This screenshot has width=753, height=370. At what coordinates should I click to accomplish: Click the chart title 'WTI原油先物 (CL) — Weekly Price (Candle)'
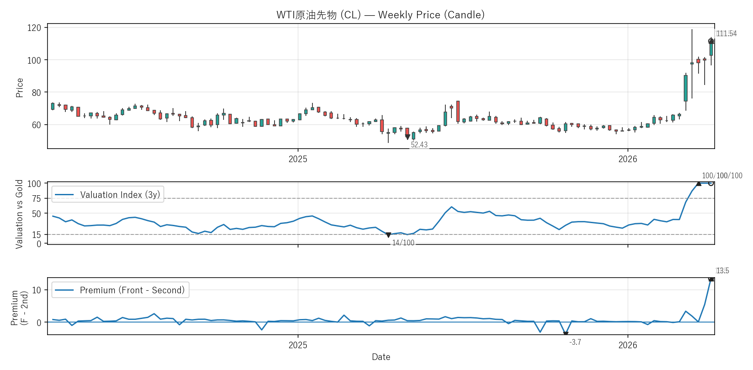pyautogui.click(x=380, y=15)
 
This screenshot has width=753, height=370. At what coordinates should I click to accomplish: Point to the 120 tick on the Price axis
pyautogui.click(x=34, y=28)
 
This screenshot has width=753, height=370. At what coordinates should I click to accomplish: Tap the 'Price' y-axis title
pyautogui.click(x=20, y=88)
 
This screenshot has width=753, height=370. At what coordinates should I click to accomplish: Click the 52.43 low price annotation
pyautogui.click(x=419, y=145)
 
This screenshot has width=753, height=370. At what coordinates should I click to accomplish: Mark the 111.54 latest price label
pyautogui.click(x=726, y=34)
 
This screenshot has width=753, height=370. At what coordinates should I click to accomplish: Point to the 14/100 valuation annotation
pyautogui.click(x=403, y=243)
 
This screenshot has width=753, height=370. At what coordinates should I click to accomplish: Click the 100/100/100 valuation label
pyautogui.click(x=722, y=176)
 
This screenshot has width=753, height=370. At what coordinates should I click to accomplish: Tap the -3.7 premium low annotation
pyautogui.click(x=575, y=342)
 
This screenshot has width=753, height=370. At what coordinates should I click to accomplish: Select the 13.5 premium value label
pyautogui.click(x=722, y=271)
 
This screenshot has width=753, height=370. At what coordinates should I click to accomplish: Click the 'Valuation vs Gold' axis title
pyautogui.click(x=19, y=214)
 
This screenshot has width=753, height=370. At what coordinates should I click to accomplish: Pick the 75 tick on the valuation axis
pyautogui.click(x=37, y=199)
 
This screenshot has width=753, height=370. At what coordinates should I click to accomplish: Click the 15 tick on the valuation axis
pyautogui.click(x=37, y=234)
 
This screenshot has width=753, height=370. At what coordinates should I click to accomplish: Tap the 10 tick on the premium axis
pyautogui.click(x=37, y=290)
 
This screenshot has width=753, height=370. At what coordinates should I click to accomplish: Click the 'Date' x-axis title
pyautogui.click(x=381, y=357)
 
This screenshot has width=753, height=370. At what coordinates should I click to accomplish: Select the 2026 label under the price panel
pyautogui.click(x=627, y=159)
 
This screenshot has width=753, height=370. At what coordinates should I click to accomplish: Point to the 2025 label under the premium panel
pyautogui.click(x=298, y=345)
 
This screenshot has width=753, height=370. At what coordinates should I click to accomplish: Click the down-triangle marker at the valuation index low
pyautogui.click(x=388, y=235)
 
